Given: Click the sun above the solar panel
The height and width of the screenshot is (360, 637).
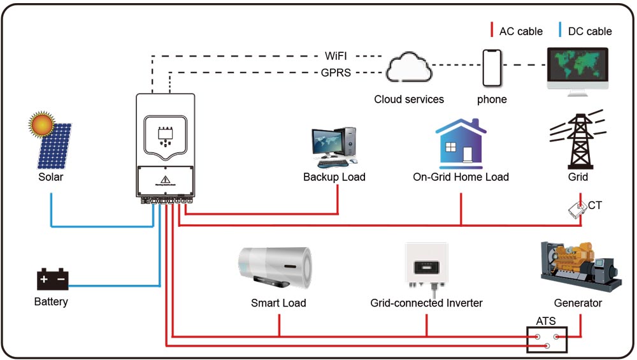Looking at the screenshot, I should coord(43,124).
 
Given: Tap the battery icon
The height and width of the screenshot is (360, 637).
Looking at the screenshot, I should coord(52,278).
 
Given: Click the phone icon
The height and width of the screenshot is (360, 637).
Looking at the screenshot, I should coord(492,68).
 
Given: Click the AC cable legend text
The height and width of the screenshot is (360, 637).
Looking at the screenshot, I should coord(520,31).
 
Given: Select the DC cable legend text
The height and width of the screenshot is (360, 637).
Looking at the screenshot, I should coord(589,31).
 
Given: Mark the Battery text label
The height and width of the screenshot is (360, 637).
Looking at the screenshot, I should coord(51,301).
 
